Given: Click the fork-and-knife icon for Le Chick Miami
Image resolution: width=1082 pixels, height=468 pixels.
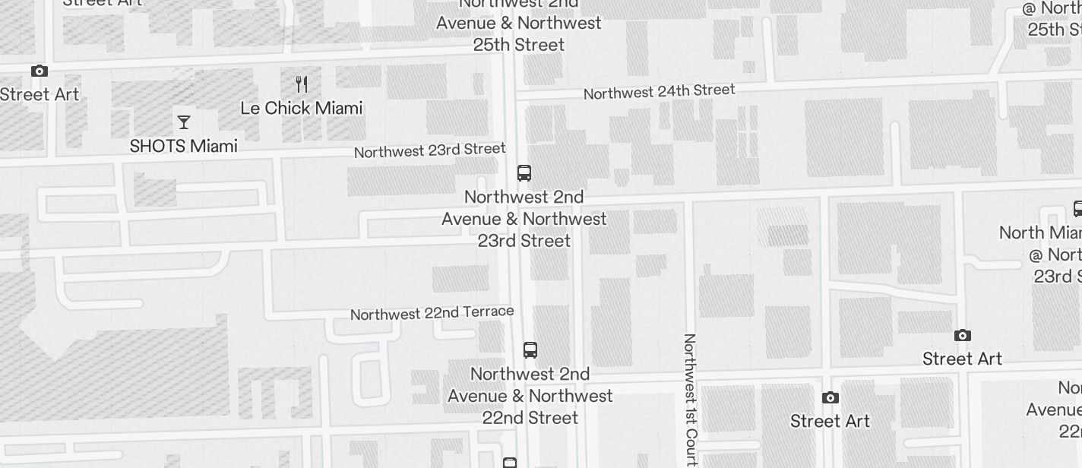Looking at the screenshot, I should coord(302,84).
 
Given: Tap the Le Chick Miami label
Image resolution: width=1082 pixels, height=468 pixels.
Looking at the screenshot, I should coord(301,108).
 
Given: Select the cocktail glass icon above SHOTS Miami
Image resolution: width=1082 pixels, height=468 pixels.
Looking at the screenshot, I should coord(183,122).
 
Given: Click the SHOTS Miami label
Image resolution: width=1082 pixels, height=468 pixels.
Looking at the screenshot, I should coord(183,146).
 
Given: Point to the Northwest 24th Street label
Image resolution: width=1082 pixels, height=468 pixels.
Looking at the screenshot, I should coord(659,91).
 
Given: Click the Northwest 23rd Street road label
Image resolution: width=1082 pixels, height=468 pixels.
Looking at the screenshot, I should coord(429,150).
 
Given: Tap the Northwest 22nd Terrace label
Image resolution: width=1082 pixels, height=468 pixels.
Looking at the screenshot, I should coord(432,312).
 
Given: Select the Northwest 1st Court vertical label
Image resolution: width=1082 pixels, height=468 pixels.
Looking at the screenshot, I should coord(690,399).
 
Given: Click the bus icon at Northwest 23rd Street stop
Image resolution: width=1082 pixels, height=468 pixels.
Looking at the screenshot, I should coord(524,173).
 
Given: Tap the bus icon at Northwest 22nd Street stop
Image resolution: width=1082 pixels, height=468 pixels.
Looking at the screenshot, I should coord(530,350).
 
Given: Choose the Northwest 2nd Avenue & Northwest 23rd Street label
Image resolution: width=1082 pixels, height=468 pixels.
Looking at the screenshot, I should coord(524,219).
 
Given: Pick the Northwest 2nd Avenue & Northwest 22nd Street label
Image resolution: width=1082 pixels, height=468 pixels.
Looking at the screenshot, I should coord(530,396).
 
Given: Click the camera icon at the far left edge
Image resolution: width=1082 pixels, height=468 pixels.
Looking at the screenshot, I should coord(40,71).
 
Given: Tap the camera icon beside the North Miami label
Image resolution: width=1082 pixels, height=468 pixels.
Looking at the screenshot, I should coord(963,335).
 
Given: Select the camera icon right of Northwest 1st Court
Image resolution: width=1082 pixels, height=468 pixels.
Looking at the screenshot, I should coord(830,397).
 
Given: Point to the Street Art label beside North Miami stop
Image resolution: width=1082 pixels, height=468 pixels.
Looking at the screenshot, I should coord(962,359).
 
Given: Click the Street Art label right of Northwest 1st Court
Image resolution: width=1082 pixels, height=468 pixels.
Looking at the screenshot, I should coord(830,421).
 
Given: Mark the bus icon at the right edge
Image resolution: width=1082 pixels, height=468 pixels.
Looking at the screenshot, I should coord(1077,208).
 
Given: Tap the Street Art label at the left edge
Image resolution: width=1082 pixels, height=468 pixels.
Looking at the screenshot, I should coord(40,95).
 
